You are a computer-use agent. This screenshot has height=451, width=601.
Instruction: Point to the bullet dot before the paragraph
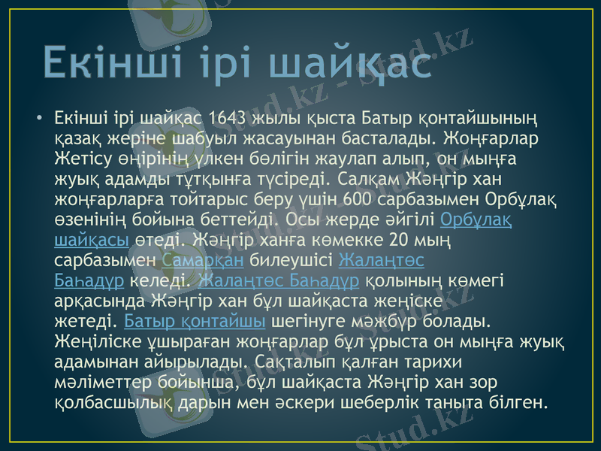coord(37,119)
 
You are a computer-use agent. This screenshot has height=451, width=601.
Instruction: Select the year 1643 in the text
coord(228,119)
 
